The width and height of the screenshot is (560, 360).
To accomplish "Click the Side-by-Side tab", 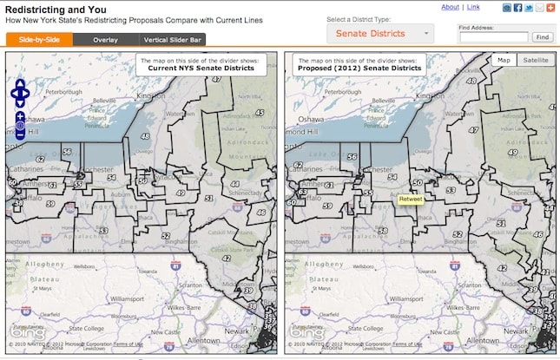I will coord(38,39).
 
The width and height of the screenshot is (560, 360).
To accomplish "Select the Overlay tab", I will coord(105,39).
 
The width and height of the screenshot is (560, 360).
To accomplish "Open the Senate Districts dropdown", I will coord(380,33).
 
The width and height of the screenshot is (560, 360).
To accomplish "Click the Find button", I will coord(542,37).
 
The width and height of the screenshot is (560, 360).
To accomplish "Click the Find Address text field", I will coord(493,37).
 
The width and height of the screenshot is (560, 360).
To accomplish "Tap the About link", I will coord(450,7).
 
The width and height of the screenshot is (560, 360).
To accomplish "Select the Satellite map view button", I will coord(535,60).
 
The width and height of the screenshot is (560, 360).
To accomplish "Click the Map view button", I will coord(504,60).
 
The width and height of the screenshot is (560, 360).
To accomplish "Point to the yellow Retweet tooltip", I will coord(411,200).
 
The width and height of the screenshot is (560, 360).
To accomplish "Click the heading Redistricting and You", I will coord(49,9).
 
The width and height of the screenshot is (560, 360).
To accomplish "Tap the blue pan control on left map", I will coord(21,92).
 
